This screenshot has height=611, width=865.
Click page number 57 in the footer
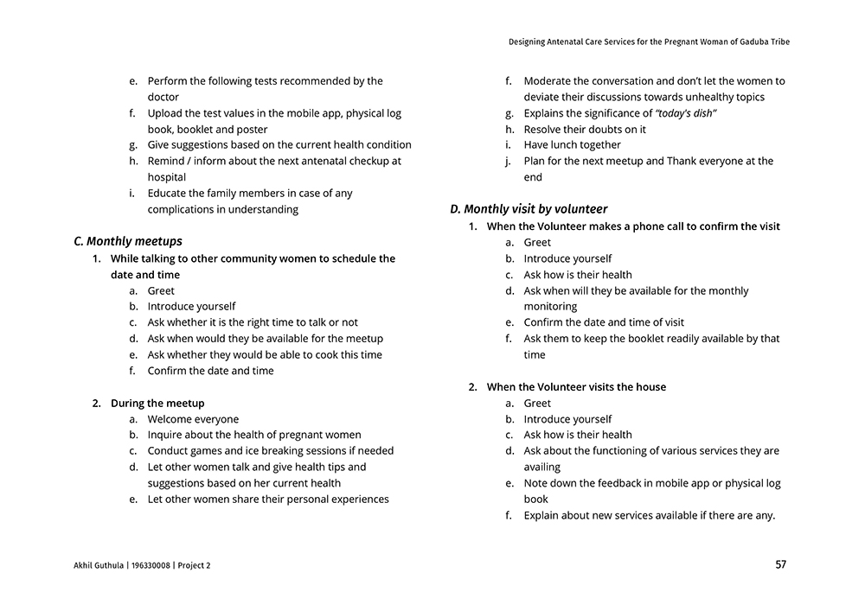(780, 565)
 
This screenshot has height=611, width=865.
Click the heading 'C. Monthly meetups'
(128, 241)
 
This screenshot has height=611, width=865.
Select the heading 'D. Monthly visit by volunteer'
(529, 209)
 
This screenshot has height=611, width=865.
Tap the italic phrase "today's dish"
(687, 113)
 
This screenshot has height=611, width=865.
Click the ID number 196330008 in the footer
(151, 566)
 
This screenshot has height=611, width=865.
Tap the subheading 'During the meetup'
(157, 403)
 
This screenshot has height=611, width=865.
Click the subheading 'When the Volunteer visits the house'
(576, 387)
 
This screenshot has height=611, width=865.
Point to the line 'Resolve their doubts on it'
(585, 130)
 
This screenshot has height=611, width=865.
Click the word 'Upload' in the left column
(165, 113)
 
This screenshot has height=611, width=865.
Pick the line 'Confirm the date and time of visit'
(604, 322)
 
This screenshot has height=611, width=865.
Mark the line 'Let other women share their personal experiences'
(268, 500)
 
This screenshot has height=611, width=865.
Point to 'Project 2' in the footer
(194, 566)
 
